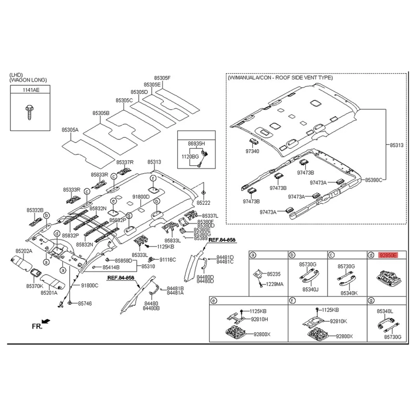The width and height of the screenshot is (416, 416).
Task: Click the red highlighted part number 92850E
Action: pyautogui.click(x=388, y=255)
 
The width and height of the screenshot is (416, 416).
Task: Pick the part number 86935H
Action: pyautogui.click(x=196, y=142)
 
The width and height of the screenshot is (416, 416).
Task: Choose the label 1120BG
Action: pyautogui.click(x=189, y=156)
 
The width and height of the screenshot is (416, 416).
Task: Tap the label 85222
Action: pyautogui.click(x=203, y=202)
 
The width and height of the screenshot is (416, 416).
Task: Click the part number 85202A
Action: pyautogui.click(x=23, y=251)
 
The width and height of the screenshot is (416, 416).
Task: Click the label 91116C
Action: pyautogui.click(x=167, y=259)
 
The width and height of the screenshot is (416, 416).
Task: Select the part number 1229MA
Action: pyautogui.click(x=275, y=284)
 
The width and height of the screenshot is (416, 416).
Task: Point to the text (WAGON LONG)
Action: pyautogui.click(x=28, y=80)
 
